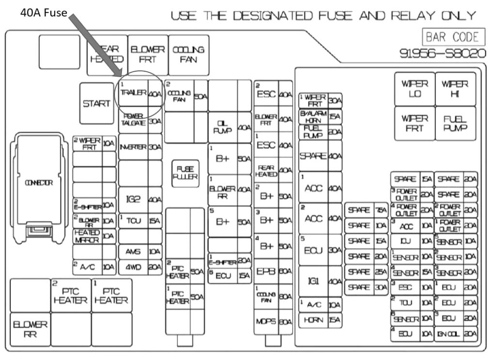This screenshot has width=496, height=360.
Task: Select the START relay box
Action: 96,103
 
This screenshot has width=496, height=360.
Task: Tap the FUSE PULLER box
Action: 185,172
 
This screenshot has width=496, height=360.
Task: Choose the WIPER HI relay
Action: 455,89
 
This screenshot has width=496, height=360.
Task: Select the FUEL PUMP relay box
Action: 455,123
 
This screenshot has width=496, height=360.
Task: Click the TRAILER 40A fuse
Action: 140,94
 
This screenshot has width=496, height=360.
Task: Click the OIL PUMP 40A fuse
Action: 230,127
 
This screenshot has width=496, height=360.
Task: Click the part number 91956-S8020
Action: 442,53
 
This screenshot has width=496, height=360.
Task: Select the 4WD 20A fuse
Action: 140,266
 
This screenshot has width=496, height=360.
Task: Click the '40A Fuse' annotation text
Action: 44,13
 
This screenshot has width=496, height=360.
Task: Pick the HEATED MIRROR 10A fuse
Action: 94,235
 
